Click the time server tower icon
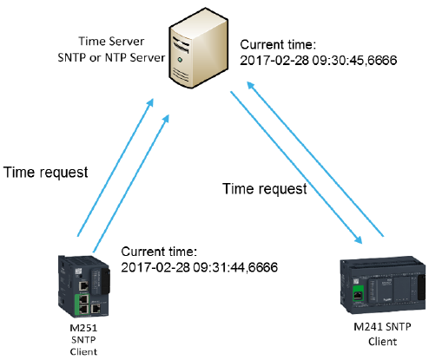(199, 48)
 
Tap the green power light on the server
(180, 60)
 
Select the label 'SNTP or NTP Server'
(111, 57)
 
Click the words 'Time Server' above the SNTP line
(111, 42)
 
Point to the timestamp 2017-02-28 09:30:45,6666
(319, 61)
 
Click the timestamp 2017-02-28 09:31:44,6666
(200, 267)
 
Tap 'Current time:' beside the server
(278, 45)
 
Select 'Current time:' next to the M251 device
(159, 252)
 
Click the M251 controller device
(84, 286)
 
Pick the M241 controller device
(384, 285)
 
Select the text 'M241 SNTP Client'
(382, 334)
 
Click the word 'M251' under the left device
(83, 328)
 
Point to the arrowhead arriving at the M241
(359, 239)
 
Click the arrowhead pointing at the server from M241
(250, 86)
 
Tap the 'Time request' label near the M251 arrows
(46, 173)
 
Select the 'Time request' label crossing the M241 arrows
(265, 189)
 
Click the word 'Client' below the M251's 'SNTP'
(83, 352)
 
